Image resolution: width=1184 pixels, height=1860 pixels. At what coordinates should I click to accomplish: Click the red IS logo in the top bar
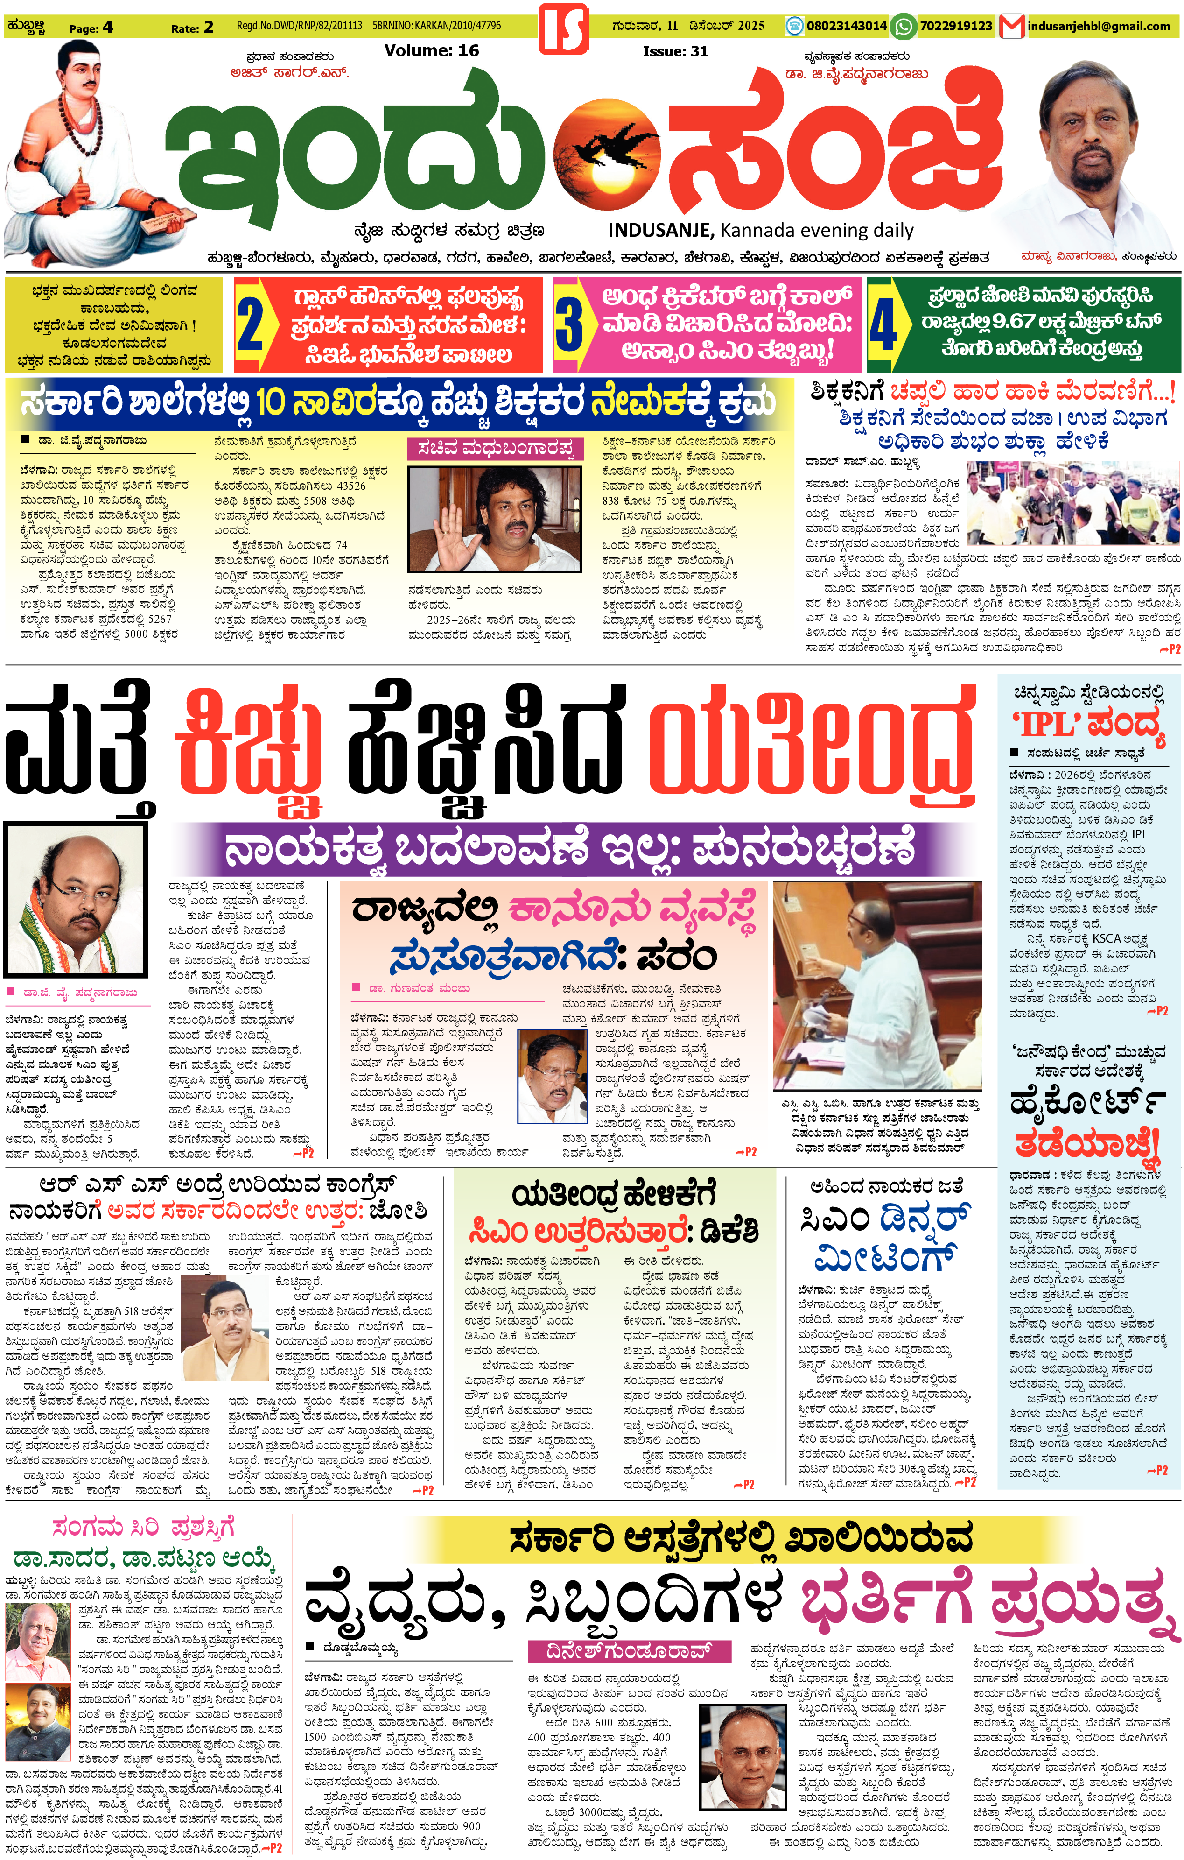[x=563, y=28]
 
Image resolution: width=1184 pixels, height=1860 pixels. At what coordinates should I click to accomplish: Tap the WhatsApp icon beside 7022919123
[x=903, y=26]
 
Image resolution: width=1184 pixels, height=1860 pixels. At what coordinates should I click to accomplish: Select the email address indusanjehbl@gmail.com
[x=1098, y=26]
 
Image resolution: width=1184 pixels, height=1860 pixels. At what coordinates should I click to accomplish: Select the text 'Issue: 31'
[x=674, y=51]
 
